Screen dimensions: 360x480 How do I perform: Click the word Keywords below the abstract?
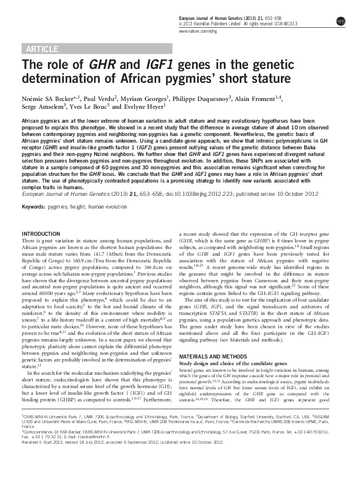point(34,207)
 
